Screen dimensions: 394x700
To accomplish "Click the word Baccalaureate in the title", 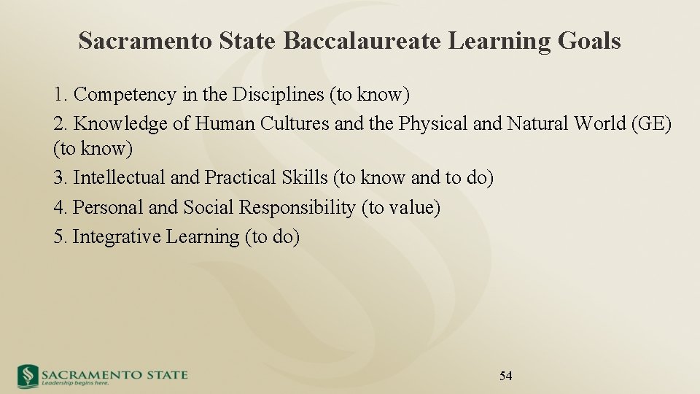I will point(362,42).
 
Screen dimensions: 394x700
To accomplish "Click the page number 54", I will point(505,376).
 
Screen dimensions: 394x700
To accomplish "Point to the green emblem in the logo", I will point(28,376).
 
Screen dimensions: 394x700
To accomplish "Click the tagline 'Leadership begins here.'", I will point(75,383).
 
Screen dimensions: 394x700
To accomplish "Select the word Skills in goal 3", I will point(303,178).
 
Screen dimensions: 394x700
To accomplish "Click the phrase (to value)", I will point(401,208).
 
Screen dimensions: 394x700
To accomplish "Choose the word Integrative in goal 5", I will point(117,237).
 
